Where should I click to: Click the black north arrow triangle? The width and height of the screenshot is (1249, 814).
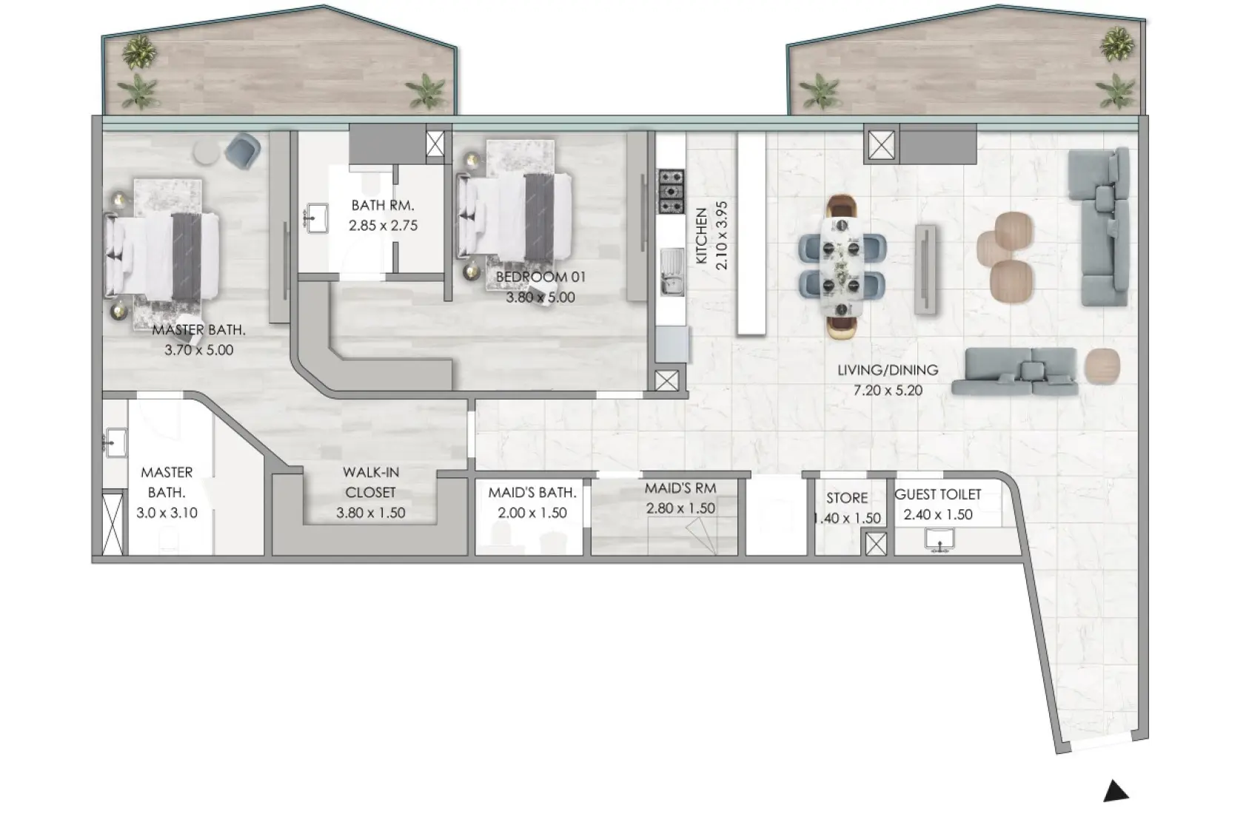pyautogui.click(x=1116, y=792)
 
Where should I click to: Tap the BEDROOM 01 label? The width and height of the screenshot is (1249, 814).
pyautogui.click(x=540, y=277)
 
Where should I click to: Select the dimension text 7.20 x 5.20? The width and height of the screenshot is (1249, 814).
pyautogui.click(x=888, y=390)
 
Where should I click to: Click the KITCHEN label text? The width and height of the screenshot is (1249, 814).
pyautogui.click(x=701, y=237)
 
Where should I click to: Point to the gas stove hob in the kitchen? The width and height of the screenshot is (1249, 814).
pyautogui.click(x=671, y=191)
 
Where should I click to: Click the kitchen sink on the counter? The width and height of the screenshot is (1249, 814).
pyautogui.click(x=672, y=271)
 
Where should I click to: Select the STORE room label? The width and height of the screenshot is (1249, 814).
pyautogui.click(x=847, y=498)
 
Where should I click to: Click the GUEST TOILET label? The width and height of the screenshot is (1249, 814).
pyautogui.click(x=937, y=494)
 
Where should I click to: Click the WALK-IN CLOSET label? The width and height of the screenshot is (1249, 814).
pyautogui.click(x=370, y=482)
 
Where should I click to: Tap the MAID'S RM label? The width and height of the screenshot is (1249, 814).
pyautogui.click(x=680, y=488)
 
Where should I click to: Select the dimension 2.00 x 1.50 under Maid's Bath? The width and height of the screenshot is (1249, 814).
pyautogui.click(x=532, y=513)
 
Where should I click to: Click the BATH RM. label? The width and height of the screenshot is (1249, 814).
pyautogui.click(x=382, y=205)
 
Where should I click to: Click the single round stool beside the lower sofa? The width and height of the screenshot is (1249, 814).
pyautogui.click(x=1102, y=366)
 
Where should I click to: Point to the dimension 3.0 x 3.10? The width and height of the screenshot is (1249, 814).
pyautogui.click(x=167, y=512)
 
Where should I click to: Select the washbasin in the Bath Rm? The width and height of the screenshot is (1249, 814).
pyautogui.click(x=317, y=218)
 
